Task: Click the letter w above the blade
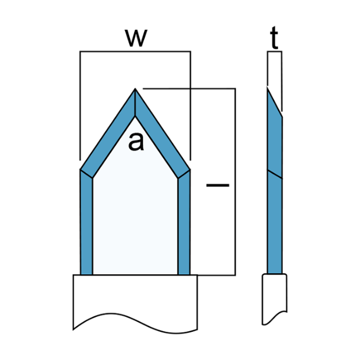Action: [136, 38]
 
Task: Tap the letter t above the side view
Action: [274, 37]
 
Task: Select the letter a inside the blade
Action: [136, 142]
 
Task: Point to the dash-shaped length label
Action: [218, 185]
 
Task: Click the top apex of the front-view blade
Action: [135, 88]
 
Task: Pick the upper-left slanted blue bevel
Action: [108, 133]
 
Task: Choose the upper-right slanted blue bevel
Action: [162, 133]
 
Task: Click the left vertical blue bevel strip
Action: [86, 222]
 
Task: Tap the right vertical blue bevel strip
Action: [184, 222]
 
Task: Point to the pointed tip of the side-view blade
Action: [267, 88]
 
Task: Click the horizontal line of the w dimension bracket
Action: [135, 51]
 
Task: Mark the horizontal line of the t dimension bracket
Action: [274, 51]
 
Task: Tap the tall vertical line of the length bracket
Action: [236, 181]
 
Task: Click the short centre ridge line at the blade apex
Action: [135, 103]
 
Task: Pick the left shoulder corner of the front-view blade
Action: [81, 169]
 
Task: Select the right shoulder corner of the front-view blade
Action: [190, 169]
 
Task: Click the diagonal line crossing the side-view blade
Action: [275, 174]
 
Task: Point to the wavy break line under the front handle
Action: [135, 323]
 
